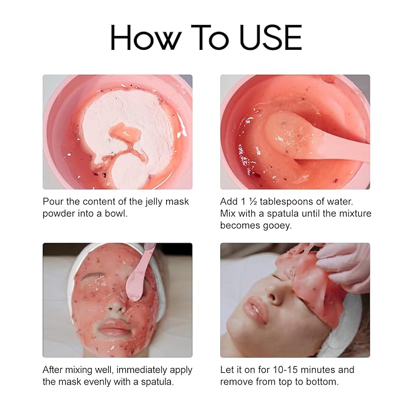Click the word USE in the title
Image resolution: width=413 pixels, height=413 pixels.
tap(271, 37)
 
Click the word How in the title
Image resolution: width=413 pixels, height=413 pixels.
tap(146, 37)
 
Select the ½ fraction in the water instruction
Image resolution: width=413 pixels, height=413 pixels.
tap(253, 201)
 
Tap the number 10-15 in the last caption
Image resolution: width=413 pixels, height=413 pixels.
tap(285, 370)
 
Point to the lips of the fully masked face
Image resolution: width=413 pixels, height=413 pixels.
tap(114, 327)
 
